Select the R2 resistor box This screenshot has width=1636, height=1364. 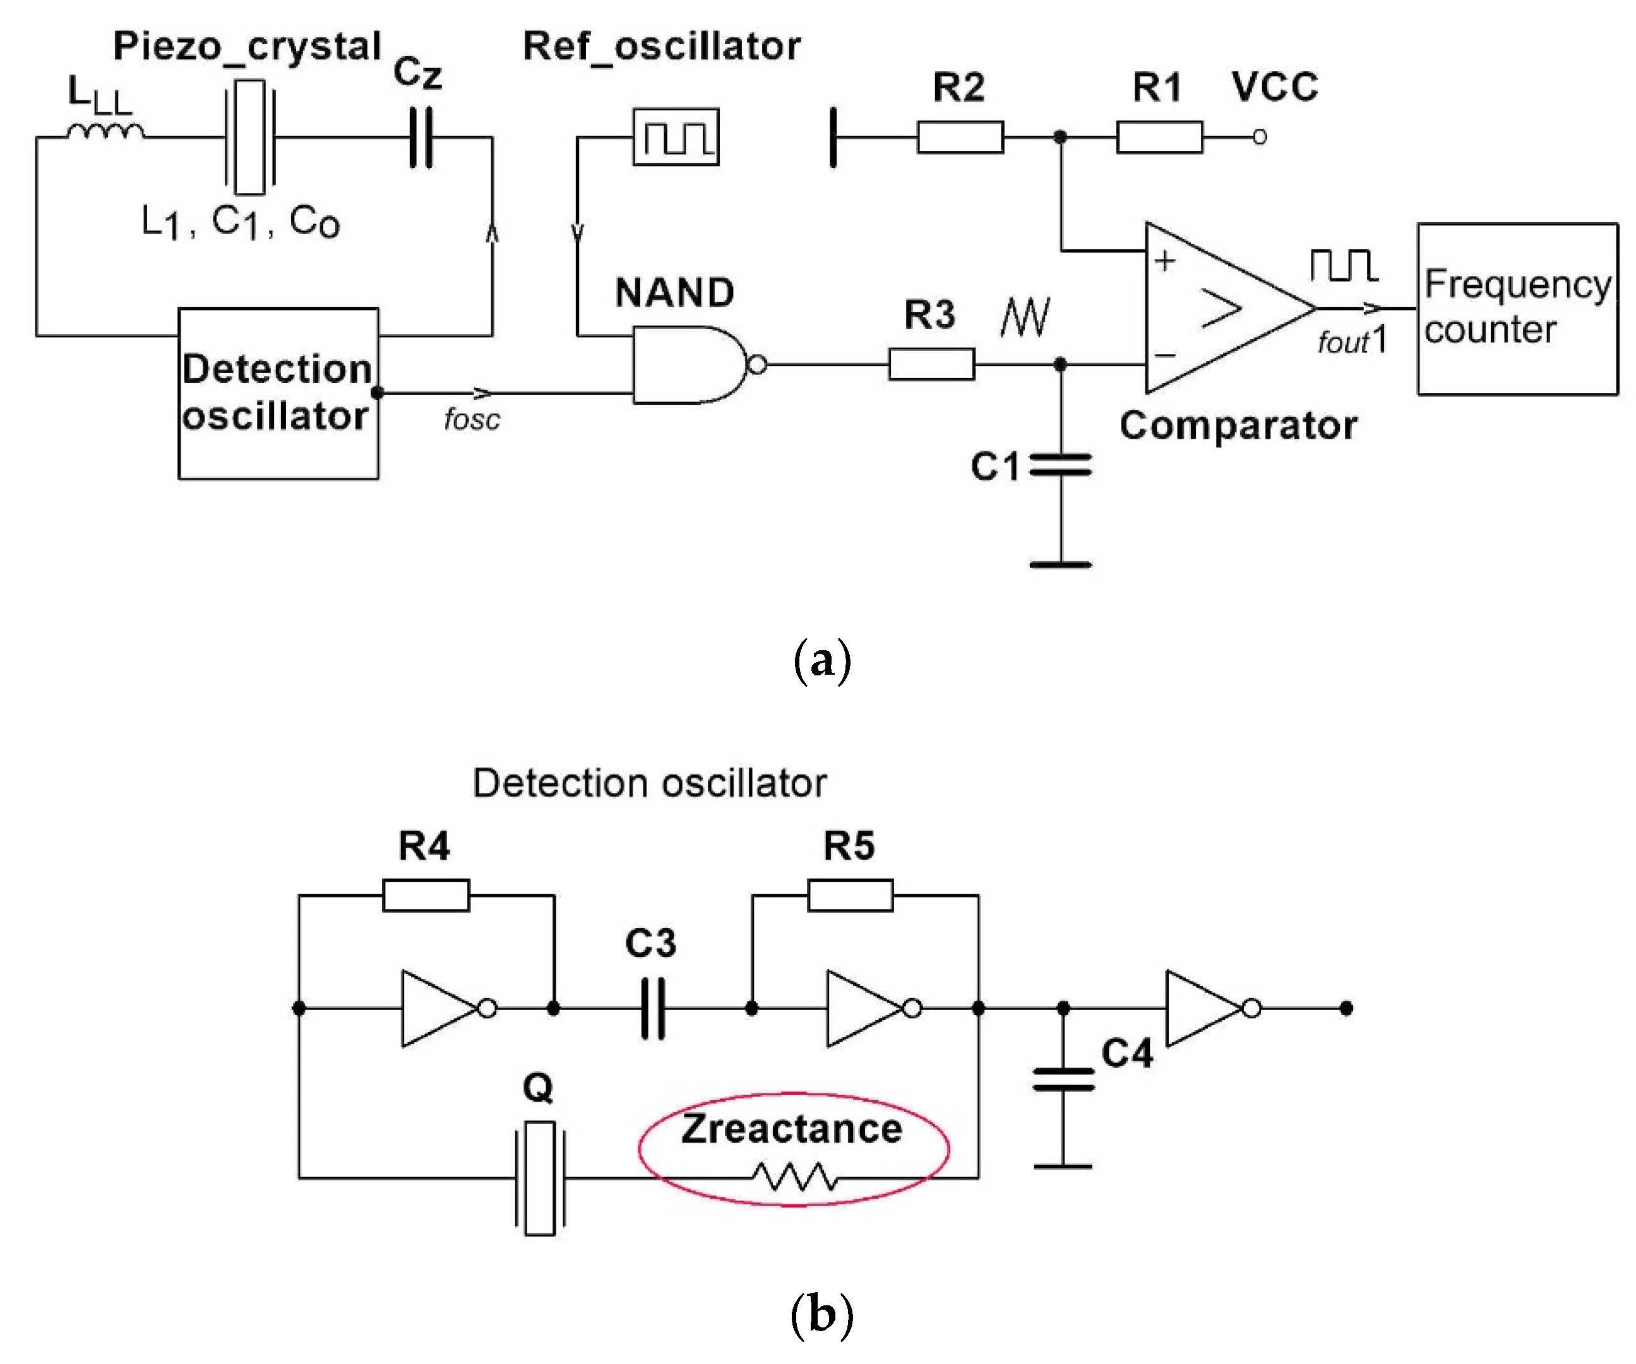coord(960,137)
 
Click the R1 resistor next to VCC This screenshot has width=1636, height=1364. coord(1159,137)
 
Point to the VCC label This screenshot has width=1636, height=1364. coord(1275,86)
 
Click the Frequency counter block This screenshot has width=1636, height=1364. coord(1517,309)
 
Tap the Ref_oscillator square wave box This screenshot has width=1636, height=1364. coord(676,137)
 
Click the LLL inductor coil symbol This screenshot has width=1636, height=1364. coord(105,133)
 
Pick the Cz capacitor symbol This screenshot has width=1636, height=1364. coord(421,138)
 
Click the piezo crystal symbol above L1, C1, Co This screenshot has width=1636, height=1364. coord(249,137)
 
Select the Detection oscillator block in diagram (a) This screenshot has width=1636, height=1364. coord(278,393)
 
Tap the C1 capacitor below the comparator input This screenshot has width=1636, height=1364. coord(1060,466)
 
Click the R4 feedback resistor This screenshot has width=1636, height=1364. coord(426,895)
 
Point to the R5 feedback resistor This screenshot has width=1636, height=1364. coord(850,895)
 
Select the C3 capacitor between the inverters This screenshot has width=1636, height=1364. coord(653,1008)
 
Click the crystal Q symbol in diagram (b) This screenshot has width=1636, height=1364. coord(539,1178)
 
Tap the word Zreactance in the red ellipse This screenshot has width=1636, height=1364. coord(792,1129)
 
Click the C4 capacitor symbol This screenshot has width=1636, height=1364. coord(1063,1080)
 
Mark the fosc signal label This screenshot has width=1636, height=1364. coord(471,420)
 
